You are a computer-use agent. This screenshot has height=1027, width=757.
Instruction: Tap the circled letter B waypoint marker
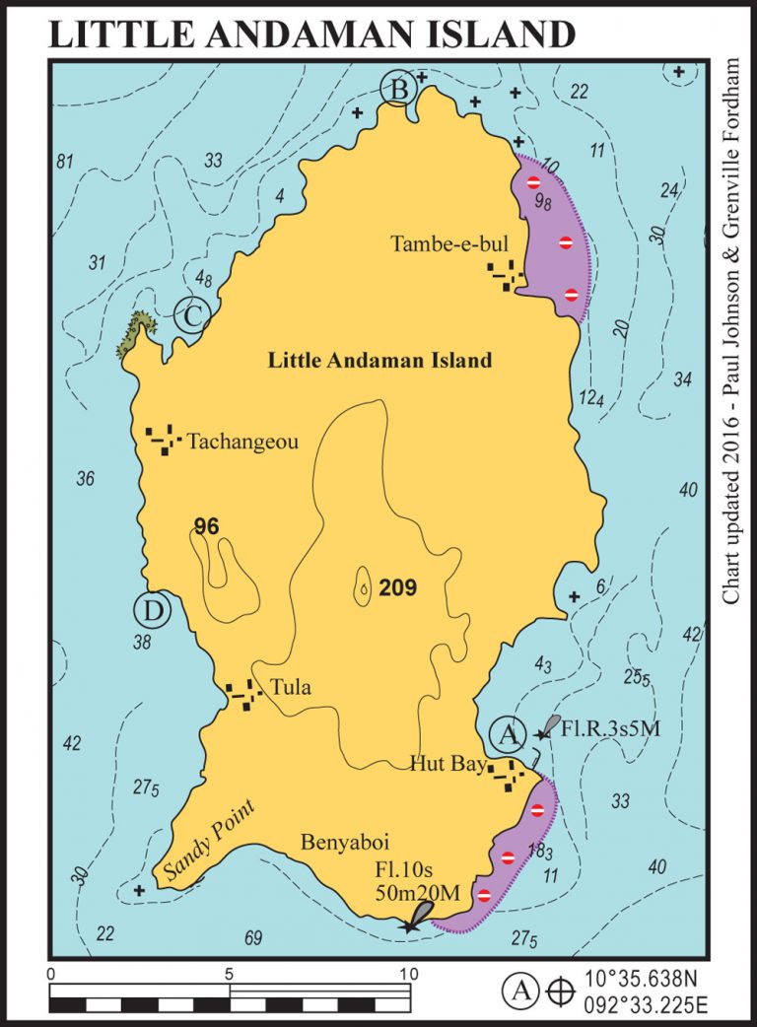click(399, 90)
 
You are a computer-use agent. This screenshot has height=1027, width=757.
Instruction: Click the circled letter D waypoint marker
click(153, 611)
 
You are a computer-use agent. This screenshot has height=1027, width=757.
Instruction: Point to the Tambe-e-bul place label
click(436, 243)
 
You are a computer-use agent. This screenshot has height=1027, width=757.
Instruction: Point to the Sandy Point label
click(209, 839)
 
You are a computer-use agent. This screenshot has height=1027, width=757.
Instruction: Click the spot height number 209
click(398, 589)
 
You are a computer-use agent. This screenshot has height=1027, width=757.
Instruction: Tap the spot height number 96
click(206, 527)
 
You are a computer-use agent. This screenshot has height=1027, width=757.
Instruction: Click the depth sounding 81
click(66, 161)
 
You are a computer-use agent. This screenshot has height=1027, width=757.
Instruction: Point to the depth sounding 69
click(253, 937)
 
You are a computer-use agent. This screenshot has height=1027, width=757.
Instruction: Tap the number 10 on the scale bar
click(405, 975)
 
